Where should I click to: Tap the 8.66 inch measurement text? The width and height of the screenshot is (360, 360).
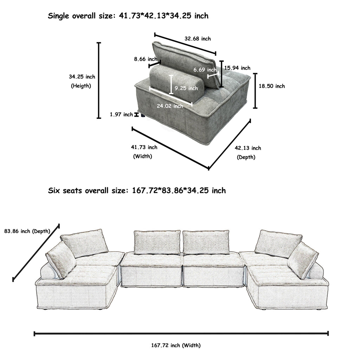point(145,59)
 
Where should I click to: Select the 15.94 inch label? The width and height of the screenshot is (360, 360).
point(237,68)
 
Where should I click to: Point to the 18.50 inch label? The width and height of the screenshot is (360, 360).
point(272,86)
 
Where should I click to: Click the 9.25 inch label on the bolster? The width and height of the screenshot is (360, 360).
point(186,88)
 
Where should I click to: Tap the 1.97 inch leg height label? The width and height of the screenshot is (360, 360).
point(121,114)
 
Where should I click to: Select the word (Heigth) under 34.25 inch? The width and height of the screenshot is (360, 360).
point(81,86)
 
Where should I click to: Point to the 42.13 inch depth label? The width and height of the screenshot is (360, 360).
point(248,148)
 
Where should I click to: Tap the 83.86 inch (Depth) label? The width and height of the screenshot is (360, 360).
point(27,231)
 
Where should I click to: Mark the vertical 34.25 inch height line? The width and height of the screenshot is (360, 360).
point(99,81)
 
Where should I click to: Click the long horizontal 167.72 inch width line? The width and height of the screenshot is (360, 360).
point(181,333)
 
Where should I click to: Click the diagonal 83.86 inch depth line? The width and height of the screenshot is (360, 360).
point(36,252)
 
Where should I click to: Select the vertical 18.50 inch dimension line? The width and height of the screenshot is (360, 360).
point(255,91)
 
